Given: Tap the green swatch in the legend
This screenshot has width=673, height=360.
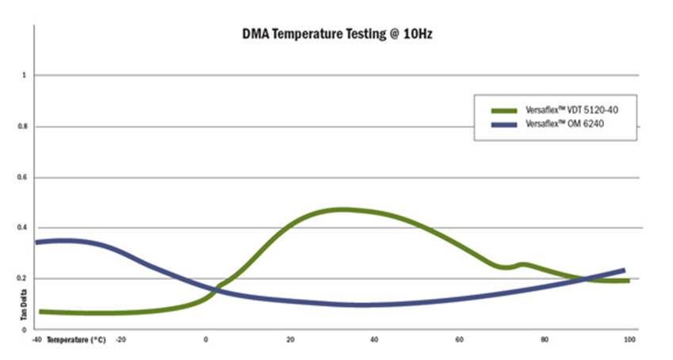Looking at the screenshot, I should (x=504, y=110).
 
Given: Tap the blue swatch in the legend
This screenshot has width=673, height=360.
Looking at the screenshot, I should (x=504, y=125).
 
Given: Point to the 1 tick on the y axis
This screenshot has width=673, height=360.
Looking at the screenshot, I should (x=25, y=75).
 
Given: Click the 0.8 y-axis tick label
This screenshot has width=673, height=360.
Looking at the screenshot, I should (x=23, y=126).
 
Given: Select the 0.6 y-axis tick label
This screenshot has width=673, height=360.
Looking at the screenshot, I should (x=23, y=177).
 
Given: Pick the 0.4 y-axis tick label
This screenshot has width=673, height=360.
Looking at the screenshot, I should (x=23, y=228).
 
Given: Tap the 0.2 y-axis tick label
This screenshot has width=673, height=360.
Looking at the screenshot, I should (x=23, y=278).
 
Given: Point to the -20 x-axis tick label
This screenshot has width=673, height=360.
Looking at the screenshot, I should (x=120, y=339).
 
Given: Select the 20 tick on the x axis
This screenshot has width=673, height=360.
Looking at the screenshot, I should (x=291, y=339).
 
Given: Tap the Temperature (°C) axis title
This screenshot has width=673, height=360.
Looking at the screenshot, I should (x=76, y=339).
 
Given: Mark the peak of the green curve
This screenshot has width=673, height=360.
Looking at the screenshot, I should (x=342, y=209).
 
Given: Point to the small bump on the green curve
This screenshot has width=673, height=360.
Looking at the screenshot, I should (x=522, y=264).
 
